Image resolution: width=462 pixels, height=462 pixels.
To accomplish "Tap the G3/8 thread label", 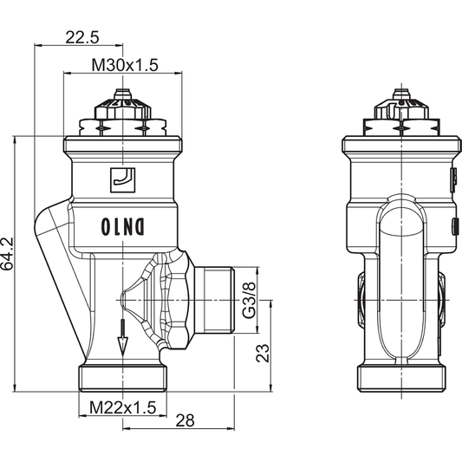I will [249, 299].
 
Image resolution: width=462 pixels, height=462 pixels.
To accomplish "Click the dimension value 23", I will [263, 353].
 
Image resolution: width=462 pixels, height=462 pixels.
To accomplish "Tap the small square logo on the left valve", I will [122, 179].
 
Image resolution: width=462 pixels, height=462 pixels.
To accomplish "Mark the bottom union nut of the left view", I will [122, 378].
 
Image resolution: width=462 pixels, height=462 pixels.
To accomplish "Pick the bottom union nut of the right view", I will [401, 378].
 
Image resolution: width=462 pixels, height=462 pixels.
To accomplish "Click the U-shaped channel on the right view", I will [401, 260].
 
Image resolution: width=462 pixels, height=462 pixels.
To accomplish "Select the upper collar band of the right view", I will [400, 156].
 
